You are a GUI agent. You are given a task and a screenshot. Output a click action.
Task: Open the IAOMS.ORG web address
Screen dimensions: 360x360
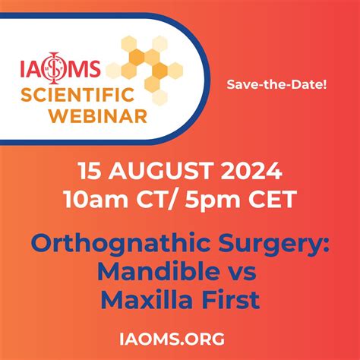click(x=179, y=336)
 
